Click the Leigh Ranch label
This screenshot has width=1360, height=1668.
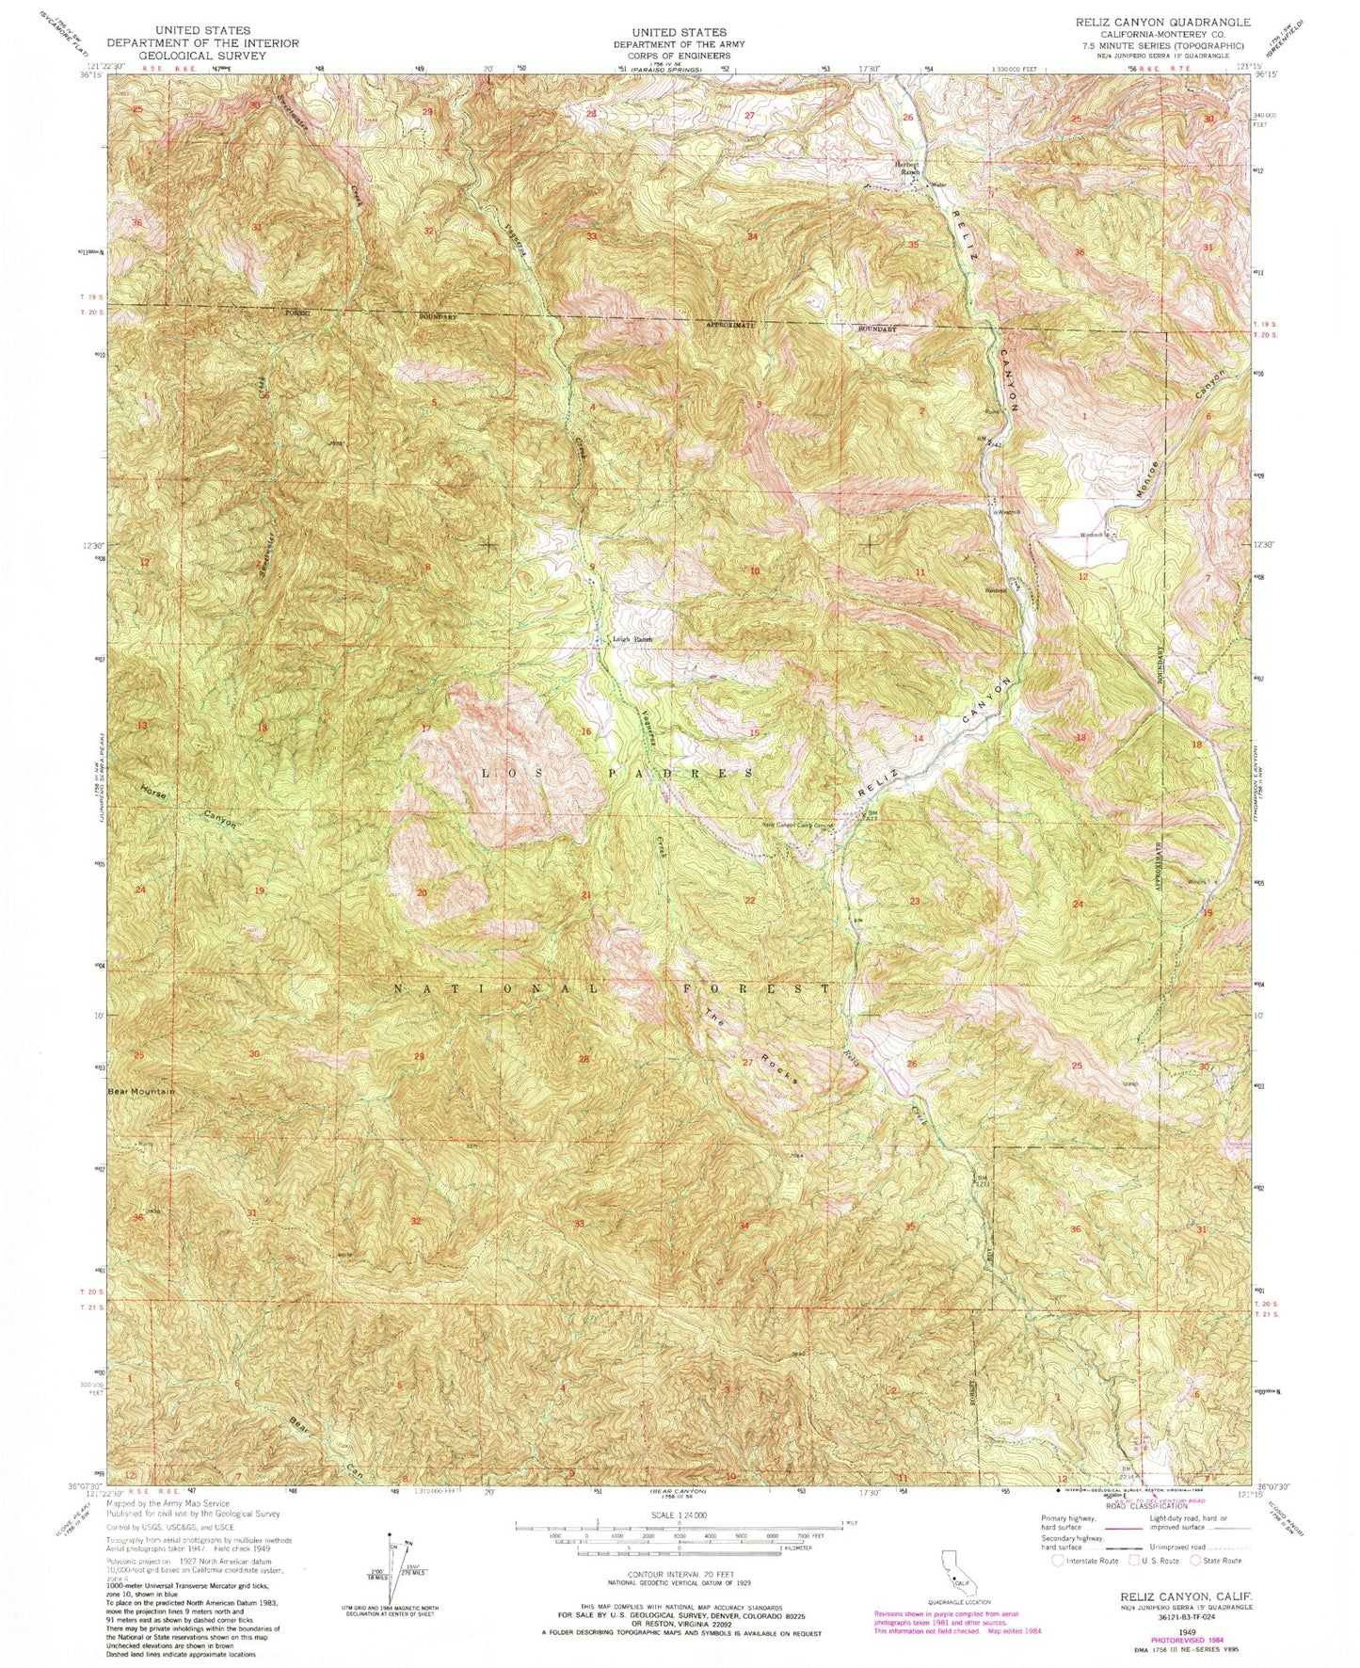(632, 640)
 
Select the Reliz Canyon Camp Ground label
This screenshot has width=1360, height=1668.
(798, 826)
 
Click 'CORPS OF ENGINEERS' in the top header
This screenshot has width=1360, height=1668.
(679, 56)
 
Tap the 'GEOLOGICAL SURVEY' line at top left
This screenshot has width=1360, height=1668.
(203, 56)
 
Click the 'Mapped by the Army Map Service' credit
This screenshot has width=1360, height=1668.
(160, 1504)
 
